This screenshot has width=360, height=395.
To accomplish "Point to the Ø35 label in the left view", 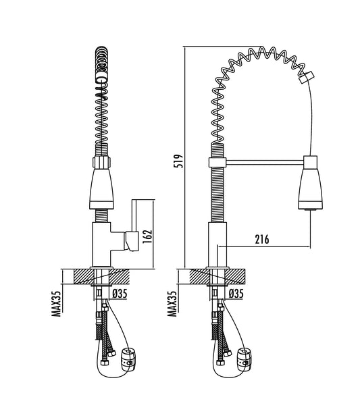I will pos(120,294).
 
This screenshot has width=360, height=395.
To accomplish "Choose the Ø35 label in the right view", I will pos(236,294).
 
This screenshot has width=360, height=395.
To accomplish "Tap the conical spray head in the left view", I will pos(101,188).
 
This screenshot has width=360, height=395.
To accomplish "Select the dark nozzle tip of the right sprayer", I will pos(310,209).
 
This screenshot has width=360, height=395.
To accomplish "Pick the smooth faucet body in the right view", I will pos(217,246).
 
